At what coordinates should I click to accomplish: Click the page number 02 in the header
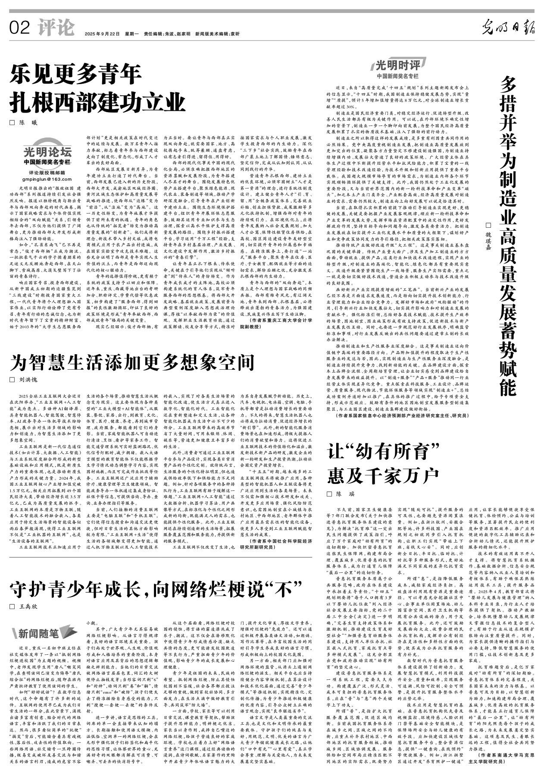pos(20,28)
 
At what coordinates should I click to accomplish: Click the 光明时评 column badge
pos(397,67)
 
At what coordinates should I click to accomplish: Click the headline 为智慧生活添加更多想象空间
pos(132,362)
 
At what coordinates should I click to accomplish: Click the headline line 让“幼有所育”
pos(383,451)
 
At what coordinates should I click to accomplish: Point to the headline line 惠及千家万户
pos(383,475)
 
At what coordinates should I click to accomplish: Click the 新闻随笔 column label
pos(38,633)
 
